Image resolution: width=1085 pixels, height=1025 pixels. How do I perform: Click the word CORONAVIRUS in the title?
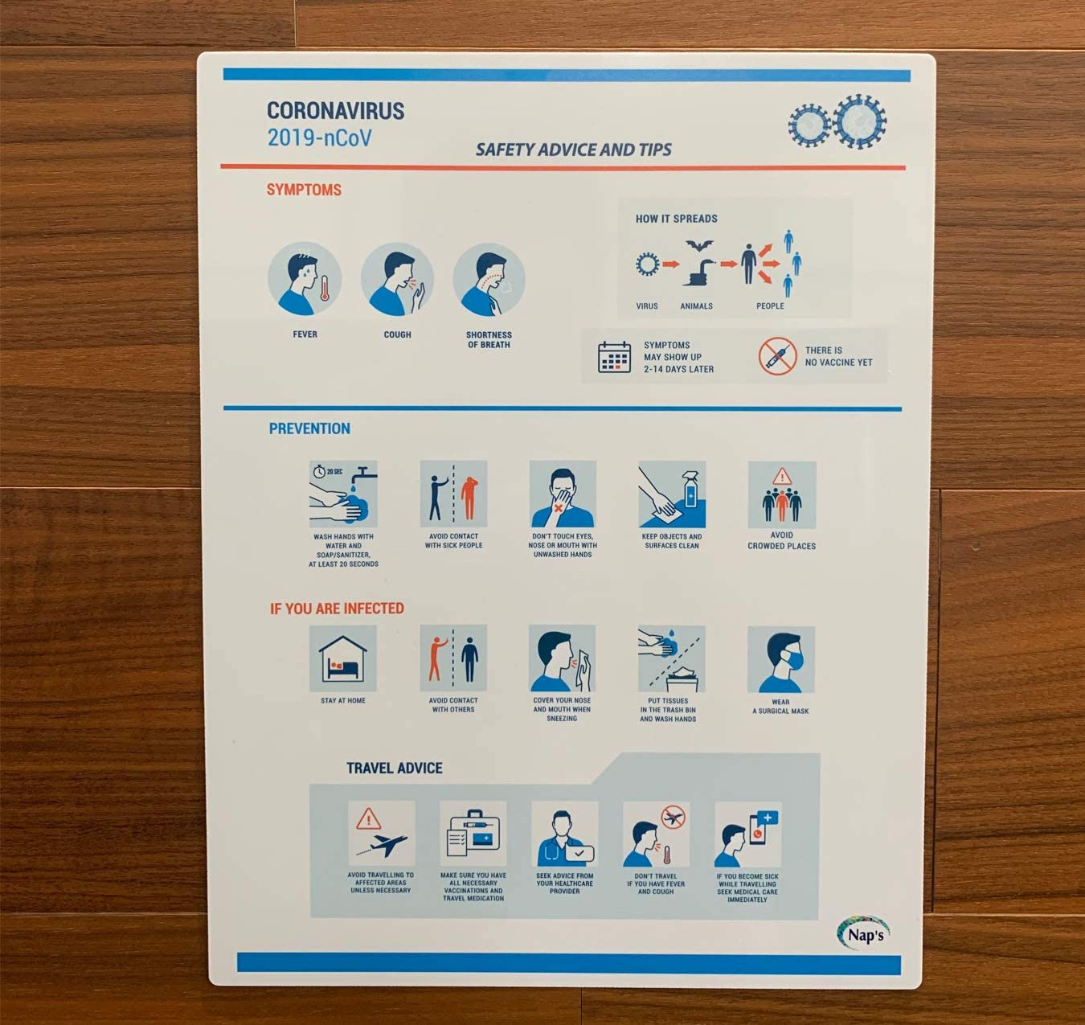tap(335, 111)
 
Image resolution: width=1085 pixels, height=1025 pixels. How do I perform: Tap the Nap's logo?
tap(864, 933)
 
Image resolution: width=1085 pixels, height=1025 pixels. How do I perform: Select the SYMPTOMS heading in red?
tap(304, 190)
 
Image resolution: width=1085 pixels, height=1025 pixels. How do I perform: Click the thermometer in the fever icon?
tap(325, 289)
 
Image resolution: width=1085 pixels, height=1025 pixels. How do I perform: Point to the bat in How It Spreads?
tap(700, 245)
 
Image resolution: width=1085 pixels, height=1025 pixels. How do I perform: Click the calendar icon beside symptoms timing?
tap(614, 357)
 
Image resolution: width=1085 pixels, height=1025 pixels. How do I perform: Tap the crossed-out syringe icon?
tap(777, 356)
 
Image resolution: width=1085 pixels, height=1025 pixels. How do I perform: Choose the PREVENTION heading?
tap(309, 428)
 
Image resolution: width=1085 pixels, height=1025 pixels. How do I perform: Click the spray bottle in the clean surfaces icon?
tap(690, 494)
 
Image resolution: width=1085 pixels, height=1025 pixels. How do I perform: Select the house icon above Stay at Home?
tap(342, 659)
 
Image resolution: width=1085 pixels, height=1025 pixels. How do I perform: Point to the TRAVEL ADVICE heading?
tap(395, 768)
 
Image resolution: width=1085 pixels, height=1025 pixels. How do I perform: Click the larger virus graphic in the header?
tap(860, 122)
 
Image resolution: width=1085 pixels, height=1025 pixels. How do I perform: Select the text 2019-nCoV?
tap(320, 137)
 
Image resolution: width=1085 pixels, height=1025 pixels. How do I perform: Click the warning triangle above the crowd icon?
tap(782, 477)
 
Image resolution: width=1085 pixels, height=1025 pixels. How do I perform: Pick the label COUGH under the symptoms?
tap(397, 334)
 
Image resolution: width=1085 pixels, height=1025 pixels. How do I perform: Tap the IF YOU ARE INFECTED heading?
tap(337, 609)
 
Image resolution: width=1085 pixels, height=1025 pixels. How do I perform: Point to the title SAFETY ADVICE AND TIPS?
tap(574, 150)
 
